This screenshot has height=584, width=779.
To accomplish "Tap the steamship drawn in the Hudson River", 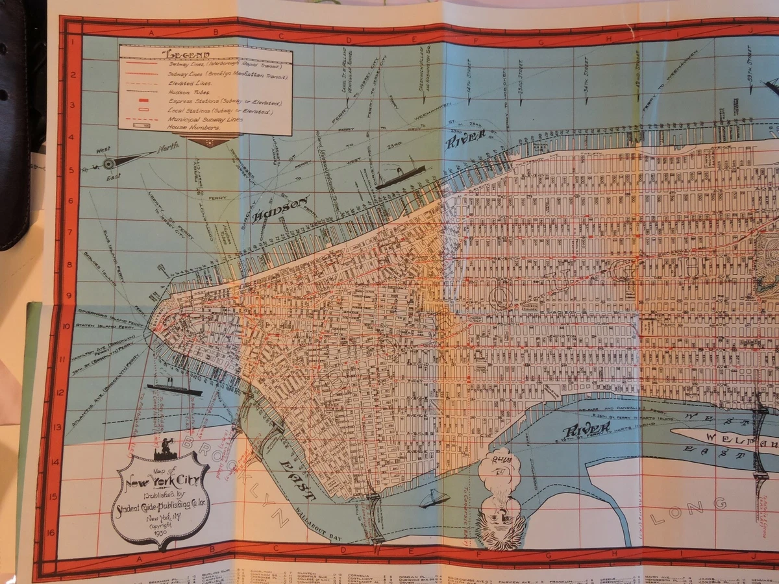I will (401, 176).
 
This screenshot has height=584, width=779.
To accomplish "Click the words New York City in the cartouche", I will (160, 481).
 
